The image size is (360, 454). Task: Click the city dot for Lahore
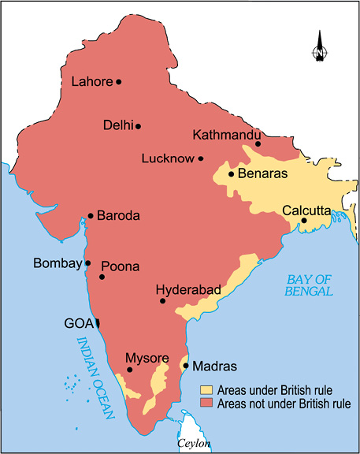click(x=119, y=81)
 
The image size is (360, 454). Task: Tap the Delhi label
click(x=117, y=125)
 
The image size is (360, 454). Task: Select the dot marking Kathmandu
click(x=258, y=143)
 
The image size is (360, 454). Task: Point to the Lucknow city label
click(x=167, y=158)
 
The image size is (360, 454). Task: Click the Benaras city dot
click(x=231, y=173)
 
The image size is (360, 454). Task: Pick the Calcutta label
click(x=307, y=210)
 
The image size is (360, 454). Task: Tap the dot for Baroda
click(x=91, y=215)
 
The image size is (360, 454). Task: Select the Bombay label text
click(x=57, y=263)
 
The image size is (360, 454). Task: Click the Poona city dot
click(x=102, y=277)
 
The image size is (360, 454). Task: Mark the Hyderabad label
click(x=188, y=290)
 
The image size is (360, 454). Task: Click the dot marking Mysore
click(x=129, y=369)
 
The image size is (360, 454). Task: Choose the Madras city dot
click(x=185, y=365)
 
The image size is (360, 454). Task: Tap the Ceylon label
click(x=194, y=445)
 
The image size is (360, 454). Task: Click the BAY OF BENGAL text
click(x=310, y=285)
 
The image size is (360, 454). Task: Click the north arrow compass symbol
click(x=320, y=47)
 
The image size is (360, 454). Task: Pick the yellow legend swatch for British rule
click(x=206, y=390)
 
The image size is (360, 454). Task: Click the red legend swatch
click(x=206, y=404)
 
